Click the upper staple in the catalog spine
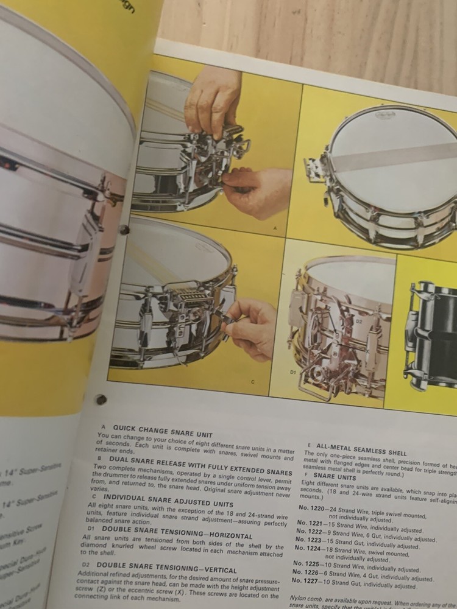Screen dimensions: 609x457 124,230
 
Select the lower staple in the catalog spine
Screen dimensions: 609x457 101,400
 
